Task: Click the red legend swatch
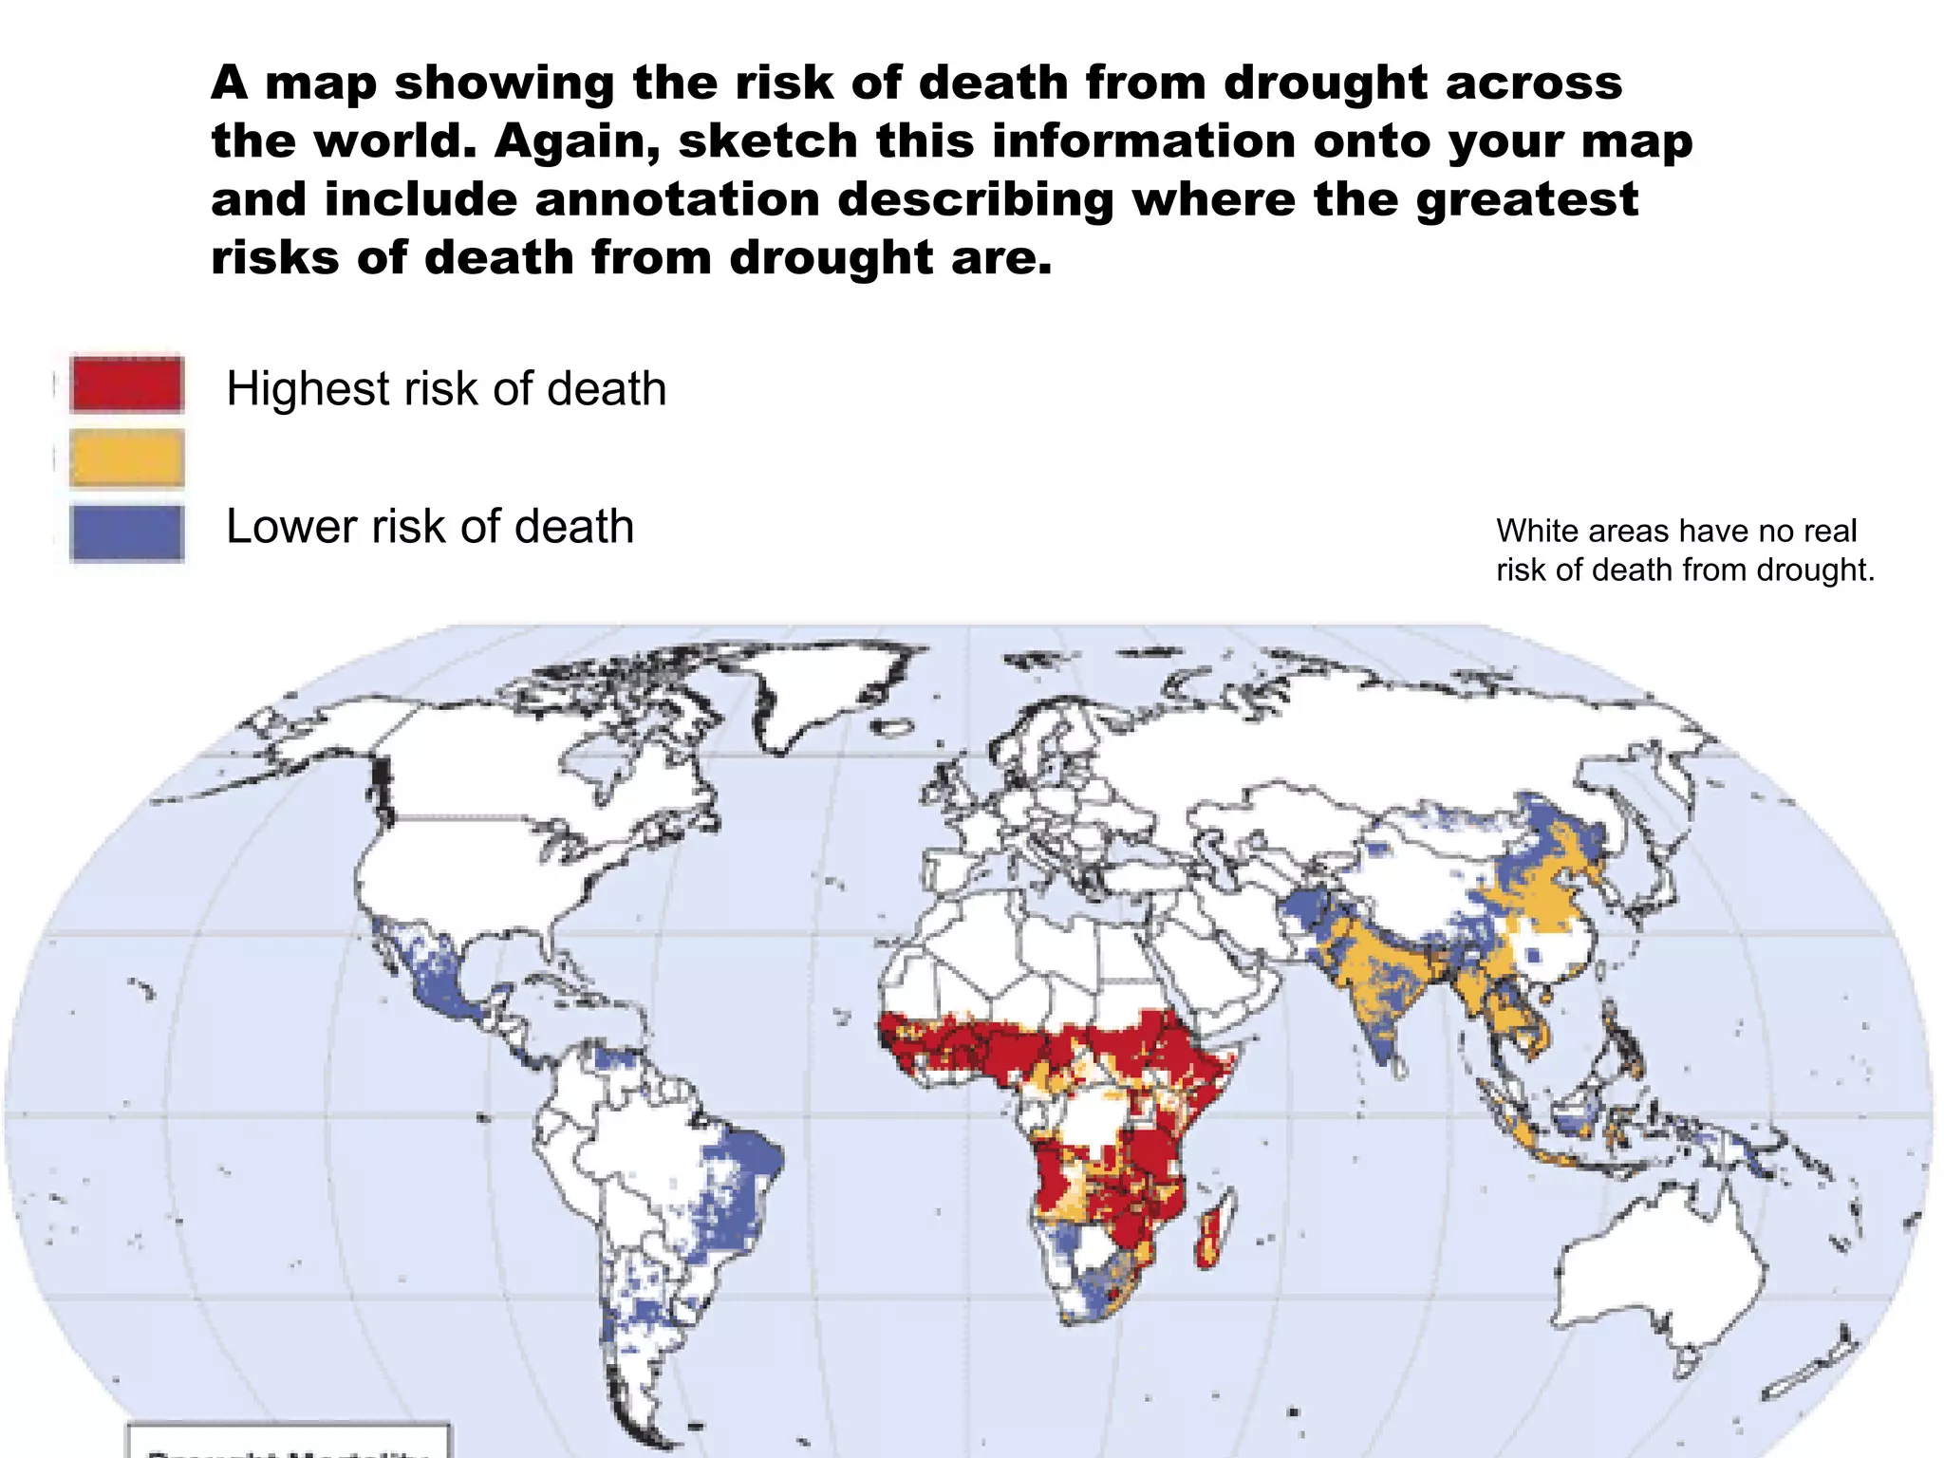point(126,384)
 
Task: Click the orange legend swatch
point(126,458)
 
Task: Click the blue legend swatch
point(126,533)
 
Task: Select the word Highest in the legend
point(308,389)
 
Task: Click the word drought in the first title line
point(1325,84)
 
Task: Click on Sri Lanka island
point(1399,1067)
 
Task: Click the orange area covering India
point(1367,978)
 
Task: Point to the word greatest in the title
point(1526,200)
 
